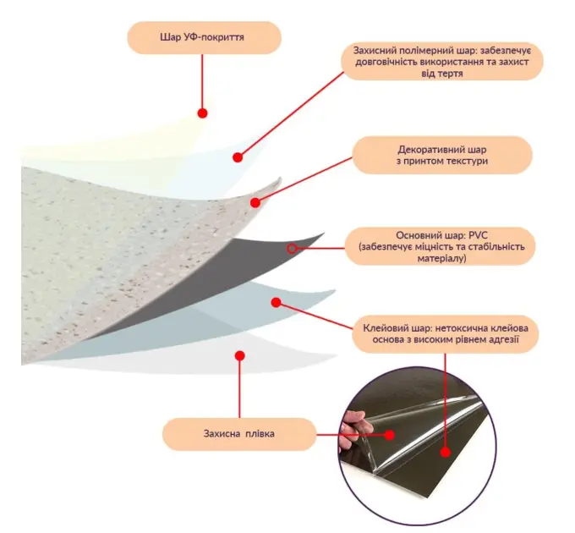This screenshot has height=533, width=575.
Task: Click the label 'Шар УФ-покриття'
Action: [x=202, y=37]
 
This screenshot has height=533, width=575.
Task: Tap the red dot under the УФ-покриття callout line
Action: [x=202, y=113]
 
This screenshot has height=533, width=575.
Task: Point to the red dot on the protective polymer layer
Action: [x=238, y=157]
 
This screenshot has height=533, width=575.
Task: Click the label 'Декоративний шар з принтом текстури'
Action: [x=442, y=155]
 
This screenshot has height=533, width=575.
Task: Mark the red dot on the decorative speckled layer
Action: [x=255, y=202]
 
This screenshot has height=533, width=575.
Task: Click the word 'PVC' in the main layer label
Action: [x=479, y=235]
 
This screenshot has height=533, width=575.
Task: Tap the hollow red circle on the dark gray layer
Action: [x=292, y=249]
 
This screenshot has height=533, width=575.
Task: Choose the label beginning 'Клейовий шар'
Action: [x=445, y=333]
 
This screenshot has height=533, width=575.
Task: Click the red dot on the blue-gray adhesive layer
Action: [x=277, y=302]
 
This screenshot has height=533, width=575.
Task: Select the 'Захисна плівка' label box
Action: [x=239, y=434]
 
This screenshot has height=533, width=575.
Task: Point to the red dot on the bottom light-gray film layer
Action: [x=240, y=355]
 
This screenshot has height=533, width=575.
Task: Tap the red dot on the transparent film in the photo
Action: [x=390, y=435]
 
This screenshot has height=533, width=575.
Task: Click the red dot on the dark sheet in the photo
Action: [x=446, y=453]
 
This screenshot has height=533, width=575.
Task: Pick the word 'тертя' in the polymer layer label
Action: [x=451, y=74]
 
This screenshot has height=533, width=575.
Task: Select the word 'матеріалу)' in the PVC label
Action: [x=442, y=258]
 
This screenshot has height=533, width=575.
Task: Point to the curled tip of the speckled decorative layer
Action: [x=280, y=179]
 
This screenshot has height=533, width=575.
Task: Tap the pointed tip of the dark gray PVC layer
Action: [x=323, y=234]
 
